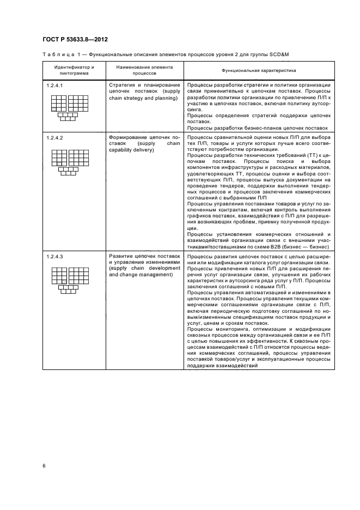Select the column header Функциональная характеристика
pos(258,71)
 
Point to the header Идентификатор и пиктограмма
pos(74,71)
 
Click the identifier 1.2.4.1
pos(55,86)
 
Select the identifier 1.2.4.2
pos(55,138)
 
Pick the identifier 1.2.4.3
pos(55,256)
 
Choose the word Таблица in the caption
pos(57,54)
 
